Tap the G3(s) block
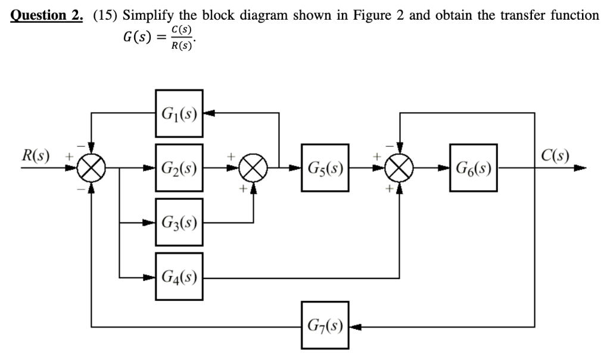(x=179, y=223)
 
